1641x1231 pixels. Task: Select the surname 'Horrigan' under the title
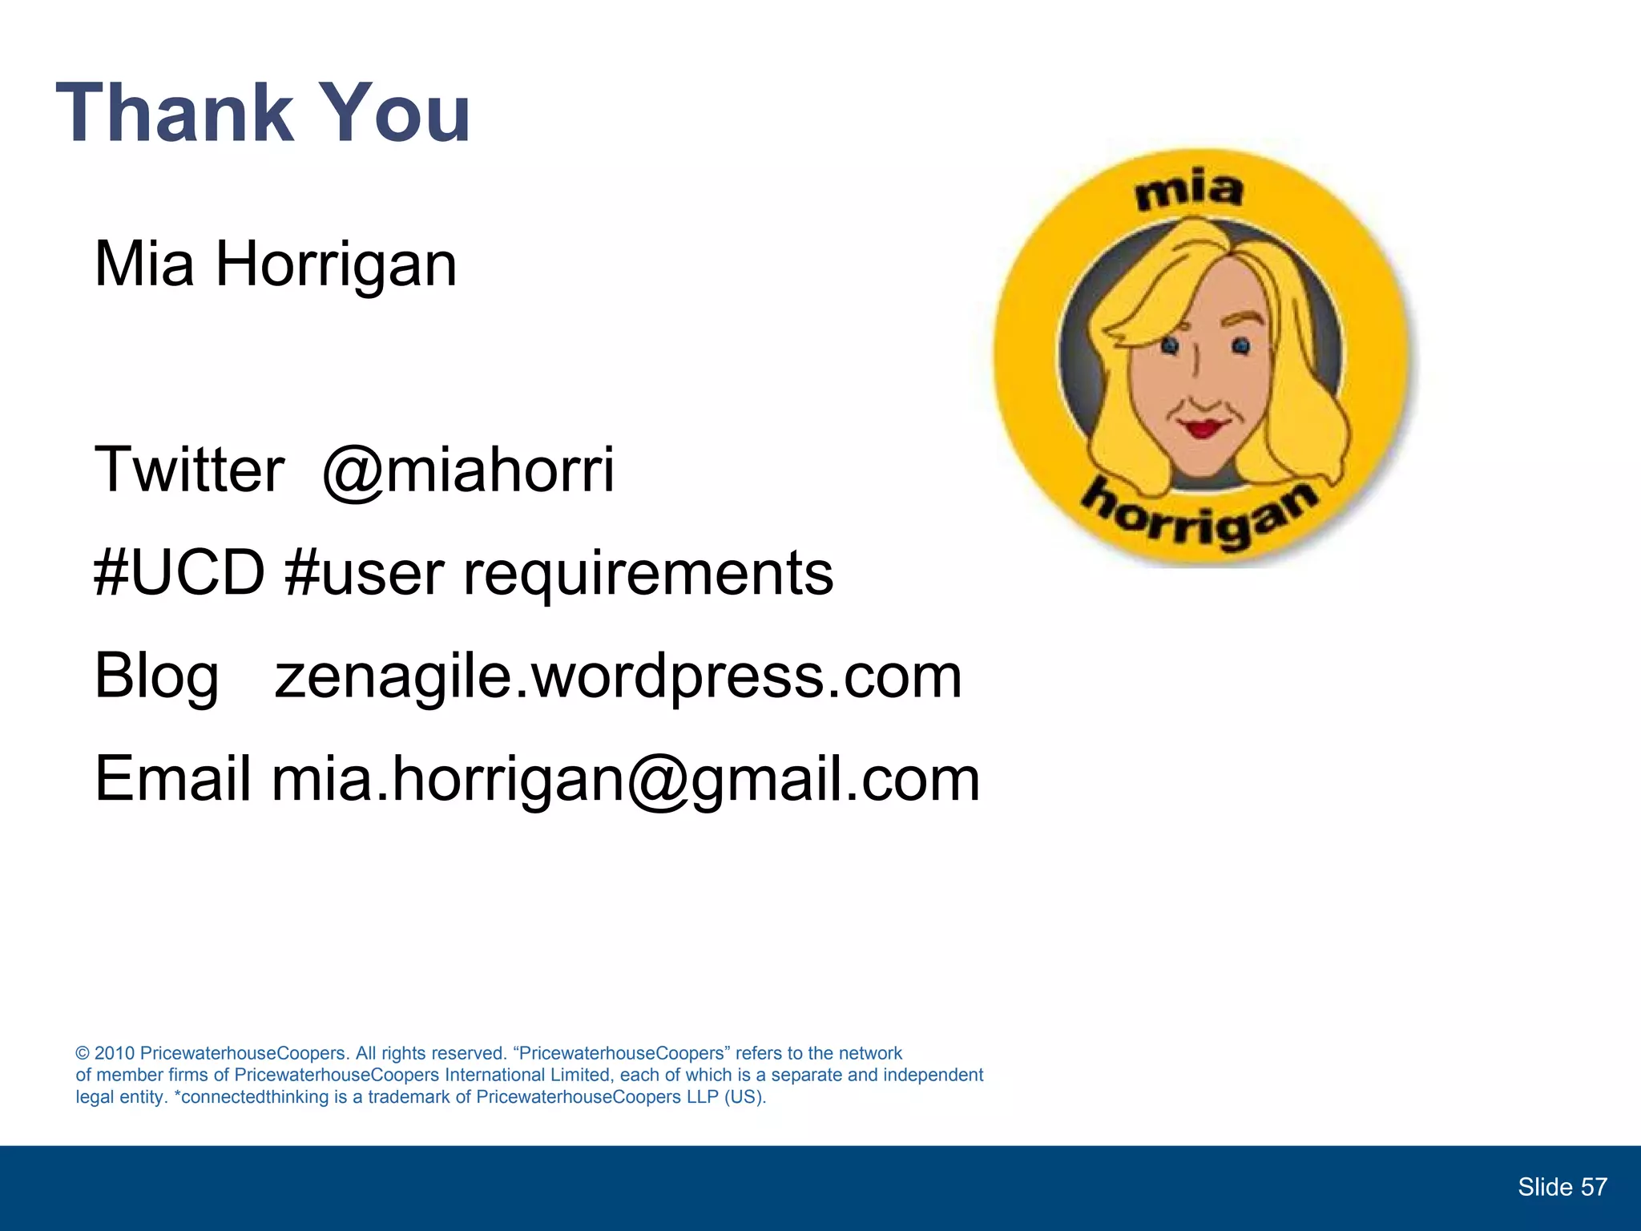[x=336, y=265]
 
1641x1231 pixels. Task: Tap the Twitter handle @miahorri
[x=468, y=470]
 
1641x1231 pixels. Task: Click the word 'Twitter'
[x=189, y=470]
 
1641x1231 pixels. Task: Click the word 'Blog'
[x=156, y=676]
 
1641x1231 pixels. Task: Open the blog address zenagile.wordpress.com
[x=618, y=676]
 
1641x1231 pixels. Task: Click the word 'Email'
[x=173, y=779]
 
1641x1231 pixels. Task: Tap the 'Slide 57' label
[x=1562, y=1187]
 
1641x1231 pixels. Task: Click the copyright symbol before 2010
[x=83, y=1053]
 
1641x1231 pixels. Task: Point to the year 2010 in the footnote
[x=115, y=1053]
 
